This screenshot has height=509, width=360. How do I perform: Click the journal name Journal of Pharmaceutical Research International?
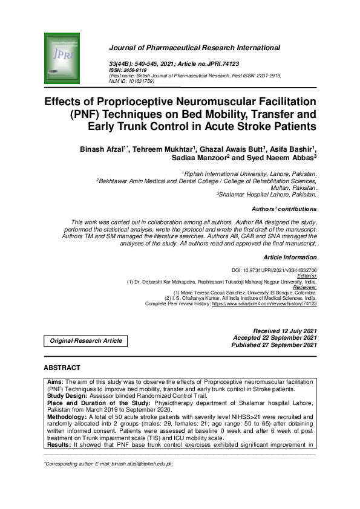pyautogui.click(x=194, y=47)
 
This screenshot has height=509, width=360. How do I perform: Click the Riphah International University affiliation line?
pyautogui.click(x=250, y=173)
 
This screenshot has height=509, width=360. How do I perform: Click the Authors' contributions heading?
pyautogui.click(x=283, y=209)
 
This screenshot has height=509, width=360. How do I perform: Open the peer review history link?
pyautogui.click(x=264, y=303)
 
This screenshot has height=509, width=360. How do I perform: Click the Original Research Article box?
pyautogui.click(x=86, y=341)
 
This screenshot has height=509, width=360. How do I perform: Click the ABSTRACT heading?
pyautogui.click(x=62, y=368)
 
